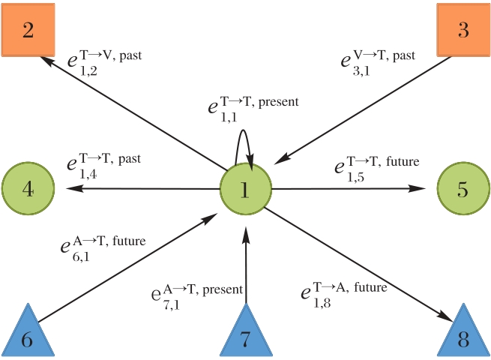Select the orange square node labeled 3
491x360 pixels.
463,31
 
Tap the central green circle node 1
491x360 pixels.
245,190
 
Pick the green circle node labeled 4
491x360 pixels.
28,189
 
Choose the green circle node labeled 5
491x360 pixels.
463,189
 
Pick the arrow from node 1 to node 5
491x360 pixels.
345,189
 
